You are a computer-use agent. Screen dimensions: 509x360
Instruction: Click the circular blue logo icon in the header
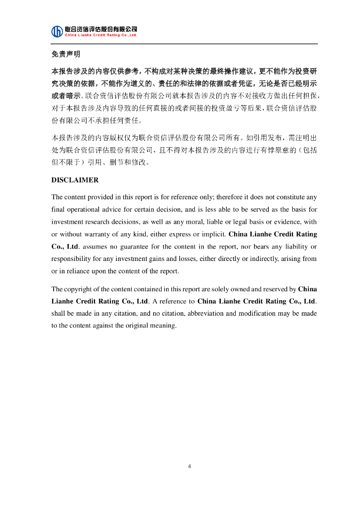pyautogui.click(x=57, y=31)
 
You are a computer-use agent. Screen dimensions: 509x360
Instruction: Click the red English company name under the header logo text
pyautogui.click(x=101, y=35)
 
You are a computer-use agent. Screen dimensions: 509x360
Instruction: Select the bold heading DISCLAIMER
pyautogui.click(x=75, y=180)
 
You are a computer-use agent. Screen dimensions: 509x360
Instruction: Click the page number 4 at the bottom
pyautogui.click(x=189, y=466)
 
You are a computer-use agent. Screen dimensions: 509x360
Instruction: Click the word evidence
pyautogui.click(x=289, y=222)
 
